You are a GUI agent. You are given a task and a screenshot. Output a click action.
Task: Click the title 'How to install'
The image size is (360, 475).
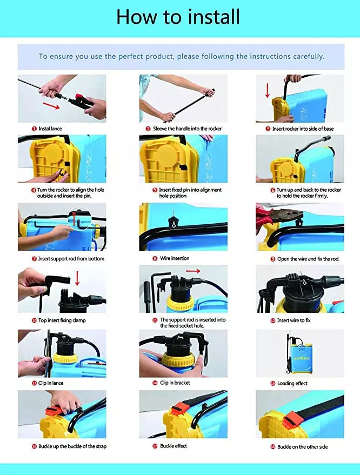point(178,17)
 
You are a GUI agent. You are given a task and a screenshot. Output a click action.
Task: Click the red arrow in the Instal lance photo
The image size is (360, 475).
point(51,106)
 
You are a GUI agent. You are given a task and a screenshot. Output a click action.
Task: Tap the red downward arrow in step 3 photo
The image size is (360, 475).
point(267,91)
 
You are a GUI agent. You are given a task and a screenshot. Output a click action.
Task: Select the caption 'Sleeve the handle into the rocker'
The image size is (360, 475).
point(187,129)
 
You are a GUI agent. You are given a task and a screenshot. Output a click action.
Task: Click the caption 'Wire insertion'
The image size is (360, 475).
point(175,258)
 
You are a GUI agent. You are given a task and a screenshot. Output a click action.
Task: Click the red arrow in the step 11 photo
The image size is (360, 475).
point(193,271)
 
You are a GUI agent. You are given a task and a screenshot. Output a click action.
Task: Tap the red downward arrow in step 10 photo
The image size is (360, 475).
point(77,278)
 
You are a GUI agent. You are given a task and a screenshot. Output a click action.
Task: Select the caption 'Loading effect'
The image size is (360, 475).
point(292,384)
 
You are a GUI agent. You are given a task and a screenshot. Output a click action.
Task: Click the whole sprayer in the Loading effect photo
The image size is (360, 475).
point(299,354)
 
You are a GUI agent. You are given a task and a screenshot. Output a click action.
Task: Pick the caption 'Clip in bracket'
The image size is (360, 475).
point(175,383)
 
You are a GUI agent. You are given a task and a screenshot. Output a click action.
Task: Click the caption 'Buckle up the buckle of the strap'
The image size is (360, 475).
point(72,446)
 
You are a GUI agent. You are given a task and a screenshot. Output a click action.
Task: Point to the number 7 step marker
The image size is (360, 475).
point(34,259)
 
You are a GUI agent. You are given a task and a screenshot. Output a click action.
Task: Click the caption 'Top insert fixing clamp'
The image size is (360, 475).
point(62,320)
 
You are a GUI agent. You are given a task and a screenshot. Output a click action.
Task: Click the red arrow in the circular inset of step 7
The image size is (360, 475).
point(74,218)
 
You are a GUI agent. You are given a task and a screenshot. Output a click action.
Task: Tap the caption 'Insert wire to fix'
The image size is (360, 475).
point(294,320)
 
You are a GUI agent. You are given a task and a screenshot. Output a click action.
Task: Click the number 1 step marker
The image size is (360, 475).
point(34,129)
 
